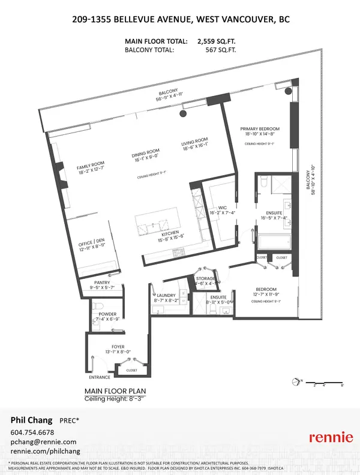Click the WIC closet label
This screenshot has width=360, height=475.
[x=217, y=209]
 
